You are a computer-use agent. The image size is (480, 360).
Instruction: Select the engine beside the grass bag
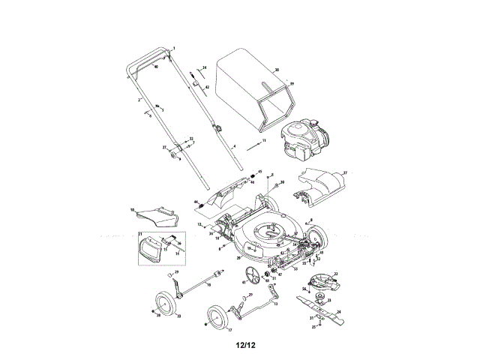click(304, 142)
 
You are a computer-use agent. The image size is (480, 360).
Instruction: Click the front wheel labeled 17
click(217, 318)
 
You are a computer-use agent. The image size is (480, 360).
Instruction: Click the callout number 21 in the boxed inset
click(139, 235)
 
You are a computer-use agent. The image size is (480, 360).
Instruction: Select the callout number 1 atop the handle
click(172, 47)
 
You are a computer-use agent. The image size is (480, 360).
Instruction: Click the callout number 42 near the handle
click(207, 88)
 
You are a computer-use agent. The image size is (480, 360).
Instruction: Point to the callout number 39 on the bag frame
click(292, 83)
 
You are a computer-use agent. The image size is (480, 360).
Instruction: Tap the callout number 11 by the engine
click(264, 140)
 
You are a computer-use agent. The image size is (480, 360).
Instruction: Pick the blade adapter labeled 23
click(322, 298)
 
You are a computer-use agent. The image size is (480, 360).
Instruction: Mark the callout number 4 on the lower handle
click(234, 145)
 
